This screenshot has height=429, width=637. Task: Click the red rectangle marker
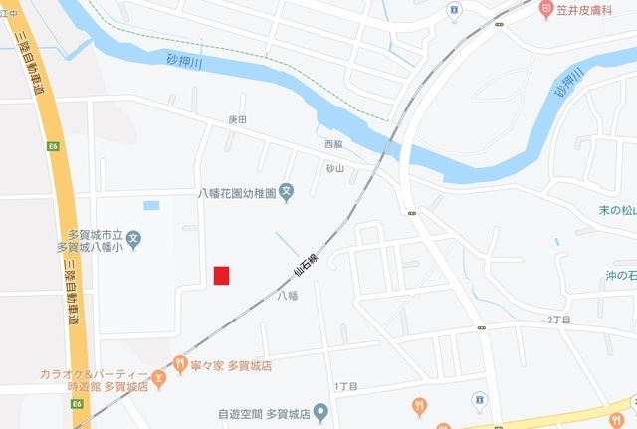coord(221,276)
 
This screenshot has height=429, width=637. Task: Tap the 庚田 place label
coord(237,119)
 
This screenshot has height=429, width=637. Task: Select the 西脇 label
coord(333,144)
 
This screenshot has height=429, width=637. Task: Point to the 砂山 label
coord(334,168)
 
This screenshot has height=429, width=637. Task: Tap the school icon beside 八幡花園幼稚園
coord(286,192)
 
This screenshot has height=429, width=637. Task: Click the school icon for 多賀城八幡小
coord(134,239)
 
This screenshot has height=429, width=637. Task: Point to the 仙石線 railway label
coord(305,264)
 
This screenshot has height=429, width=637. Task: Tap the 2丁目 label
coord(561,320)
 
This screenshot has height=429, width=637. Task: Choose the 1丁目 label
coord(345,386)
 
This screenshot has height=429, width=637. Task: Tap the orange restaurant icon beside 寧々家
coord(180,364)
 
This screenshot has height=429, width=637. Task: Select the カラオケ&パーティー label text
coord(88,373)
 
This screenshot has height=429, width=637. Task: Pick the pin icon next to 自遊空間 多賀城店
coord(319,411)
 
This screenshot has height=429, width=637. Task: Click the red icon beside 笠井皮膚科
coord(546,8)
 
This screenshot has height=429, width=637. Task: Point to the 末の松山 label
coord(617,210)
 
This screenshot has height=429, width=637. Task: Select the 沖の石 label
coord(620,275)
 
